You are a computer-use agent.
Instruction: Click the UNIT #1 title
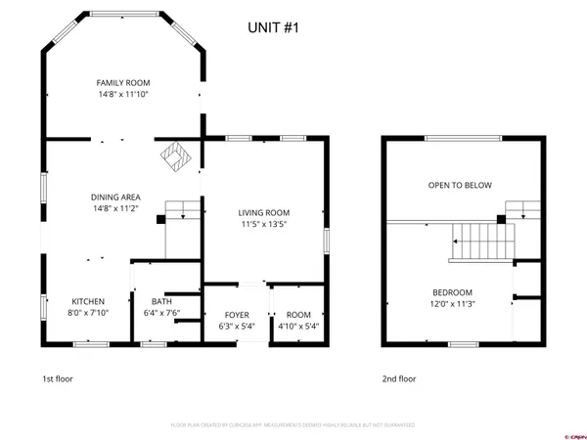coord(273,28)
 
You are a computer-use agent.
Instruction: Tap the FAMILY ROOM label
coord(122,83)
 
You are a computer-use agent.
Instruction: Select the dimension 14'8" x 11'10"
coord(122,95)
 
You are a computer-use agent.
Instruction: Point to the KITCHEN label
coord(88,301)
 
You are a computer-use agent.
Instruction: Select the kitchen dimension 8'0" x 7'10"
coord(88,313)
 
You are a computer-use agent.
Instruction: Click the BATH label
coord(161,301)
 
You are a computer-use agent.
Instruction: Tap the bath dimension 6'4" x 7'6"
coord(161,313)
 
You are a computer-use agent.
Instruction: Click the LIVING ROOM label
coord(265,212)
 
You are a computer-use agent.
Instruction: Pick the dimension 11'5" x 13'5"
coord(265,224)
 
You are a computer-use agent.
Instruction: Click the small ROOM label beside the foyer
coord(298,314)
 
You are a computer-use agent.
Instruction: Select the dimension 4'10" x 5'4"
coord(298,326)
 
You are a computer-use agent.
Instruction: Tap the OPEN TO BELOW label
coord(460,185)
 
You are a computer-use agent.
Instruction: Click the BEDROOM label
coord(453,292)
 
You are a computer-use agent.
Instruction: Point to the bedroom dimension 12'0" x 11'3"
coord(453,304)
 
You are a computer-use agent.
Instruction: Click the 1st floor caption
coord(57,378)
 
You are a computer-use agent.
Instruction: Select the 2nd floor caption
coord(398,378)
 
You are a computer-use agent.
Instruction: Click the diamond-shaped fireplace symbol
coord(177,155)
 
